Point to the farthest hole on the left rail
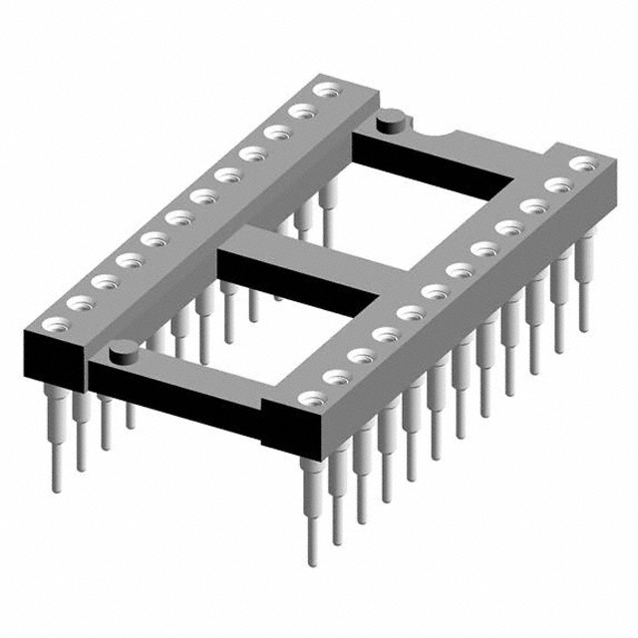(323, 92)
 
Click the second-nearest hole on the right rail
(335, 377)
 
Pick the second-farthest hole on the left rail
(298, 112)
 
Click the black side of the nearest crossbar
(179, 399)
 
